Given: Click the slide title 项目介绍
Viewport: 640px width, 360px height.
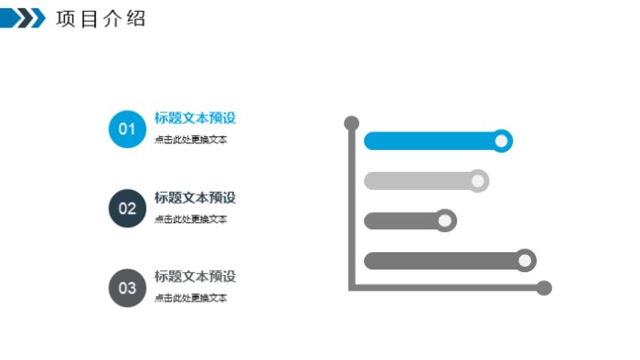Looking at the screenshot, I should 101,18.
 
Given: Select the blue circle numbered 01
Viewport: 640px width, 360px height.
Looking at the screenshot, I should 127,129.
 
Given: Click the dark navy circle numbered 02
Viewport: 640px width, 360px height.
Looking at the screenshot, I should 127,208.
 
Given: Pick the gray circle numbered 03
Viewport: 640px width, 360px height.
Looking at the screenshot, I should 127,288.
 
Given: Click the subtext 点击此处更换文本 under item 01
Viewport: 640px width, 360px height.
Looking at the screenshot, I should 190,140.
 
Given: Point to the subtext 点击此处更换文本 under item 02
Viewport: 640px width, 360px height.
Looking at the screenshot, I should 190,219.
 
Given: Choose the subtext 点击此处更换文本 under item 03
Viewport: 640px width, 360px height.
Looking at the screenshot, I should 190,299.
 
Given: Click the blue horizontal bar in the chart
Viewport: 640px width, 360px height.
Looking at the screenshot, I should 428,141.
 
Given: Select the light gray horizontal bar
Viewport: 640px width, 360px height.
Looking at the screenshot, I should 416,181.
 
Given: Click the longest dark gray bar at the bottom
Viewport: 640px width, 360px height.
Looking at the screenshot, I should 439,260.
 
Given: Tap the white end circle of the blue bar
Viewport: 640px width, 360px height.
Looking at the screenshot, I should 501,141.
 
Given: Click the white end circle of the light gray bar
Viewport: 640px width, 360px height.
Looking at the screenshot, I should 478,181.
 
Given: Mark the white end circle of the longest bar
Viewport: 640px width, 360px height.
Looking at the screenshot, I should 525,260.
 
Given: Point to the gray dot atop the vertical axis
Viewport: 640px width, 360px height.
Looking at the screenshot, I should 350,122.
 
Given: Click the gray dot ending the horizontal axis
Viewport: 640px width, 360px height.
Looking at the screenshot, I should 544,288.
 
